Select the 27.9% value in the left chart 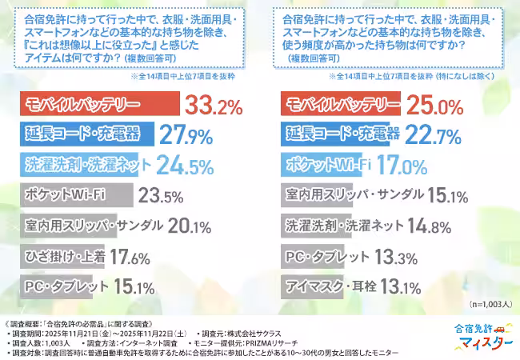coord(187,134)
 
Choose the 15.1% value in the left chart coord(134,287)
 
